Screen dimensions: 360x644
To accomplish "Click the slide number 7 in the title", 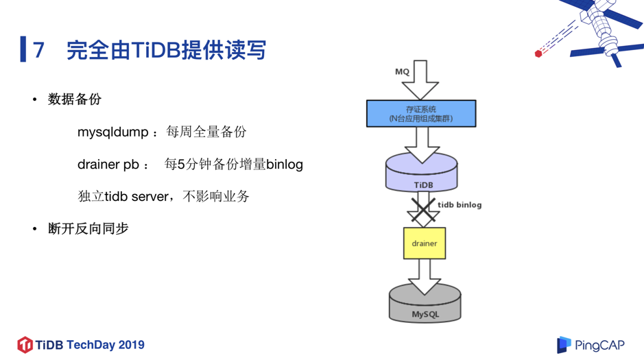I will pos(39,50).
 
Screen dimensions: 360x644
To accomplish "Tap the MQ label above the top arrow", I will pos(402,71).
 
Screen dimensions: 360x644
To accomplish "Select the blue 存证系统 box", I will pos(420,114).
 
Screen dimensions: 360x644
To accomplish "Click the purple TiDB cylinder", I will pos(421,176).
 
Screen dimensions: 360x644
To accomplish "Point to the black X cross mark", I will pos(423,209).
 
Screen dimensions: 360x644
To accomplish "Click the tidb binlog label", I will pos(460,204).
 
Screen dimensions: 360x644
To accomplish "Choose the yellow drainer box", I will pos(424,243).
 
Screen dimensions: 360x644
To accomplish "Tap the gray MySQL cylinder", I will pos(425,304).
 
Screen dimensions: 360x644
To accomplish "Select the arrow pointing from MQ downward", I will pos(420,80).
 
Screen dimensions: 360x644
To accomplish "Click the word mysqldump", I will pos(112,132).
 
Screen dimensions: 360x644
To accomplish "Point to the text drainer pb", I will pos(108,165).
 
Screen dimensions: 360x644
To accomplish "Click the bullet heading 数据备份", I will pos(75,99).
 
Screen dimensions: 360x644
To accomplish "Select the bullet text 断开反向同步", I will pos(88,228).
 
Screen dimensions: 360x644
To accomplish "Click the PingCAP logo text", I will pos(599,345).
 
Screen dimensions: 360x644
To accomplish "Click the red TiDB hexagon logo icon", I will pos(25,344).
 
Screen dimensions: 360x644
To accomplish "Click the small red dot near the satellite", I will pos(538,53).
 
